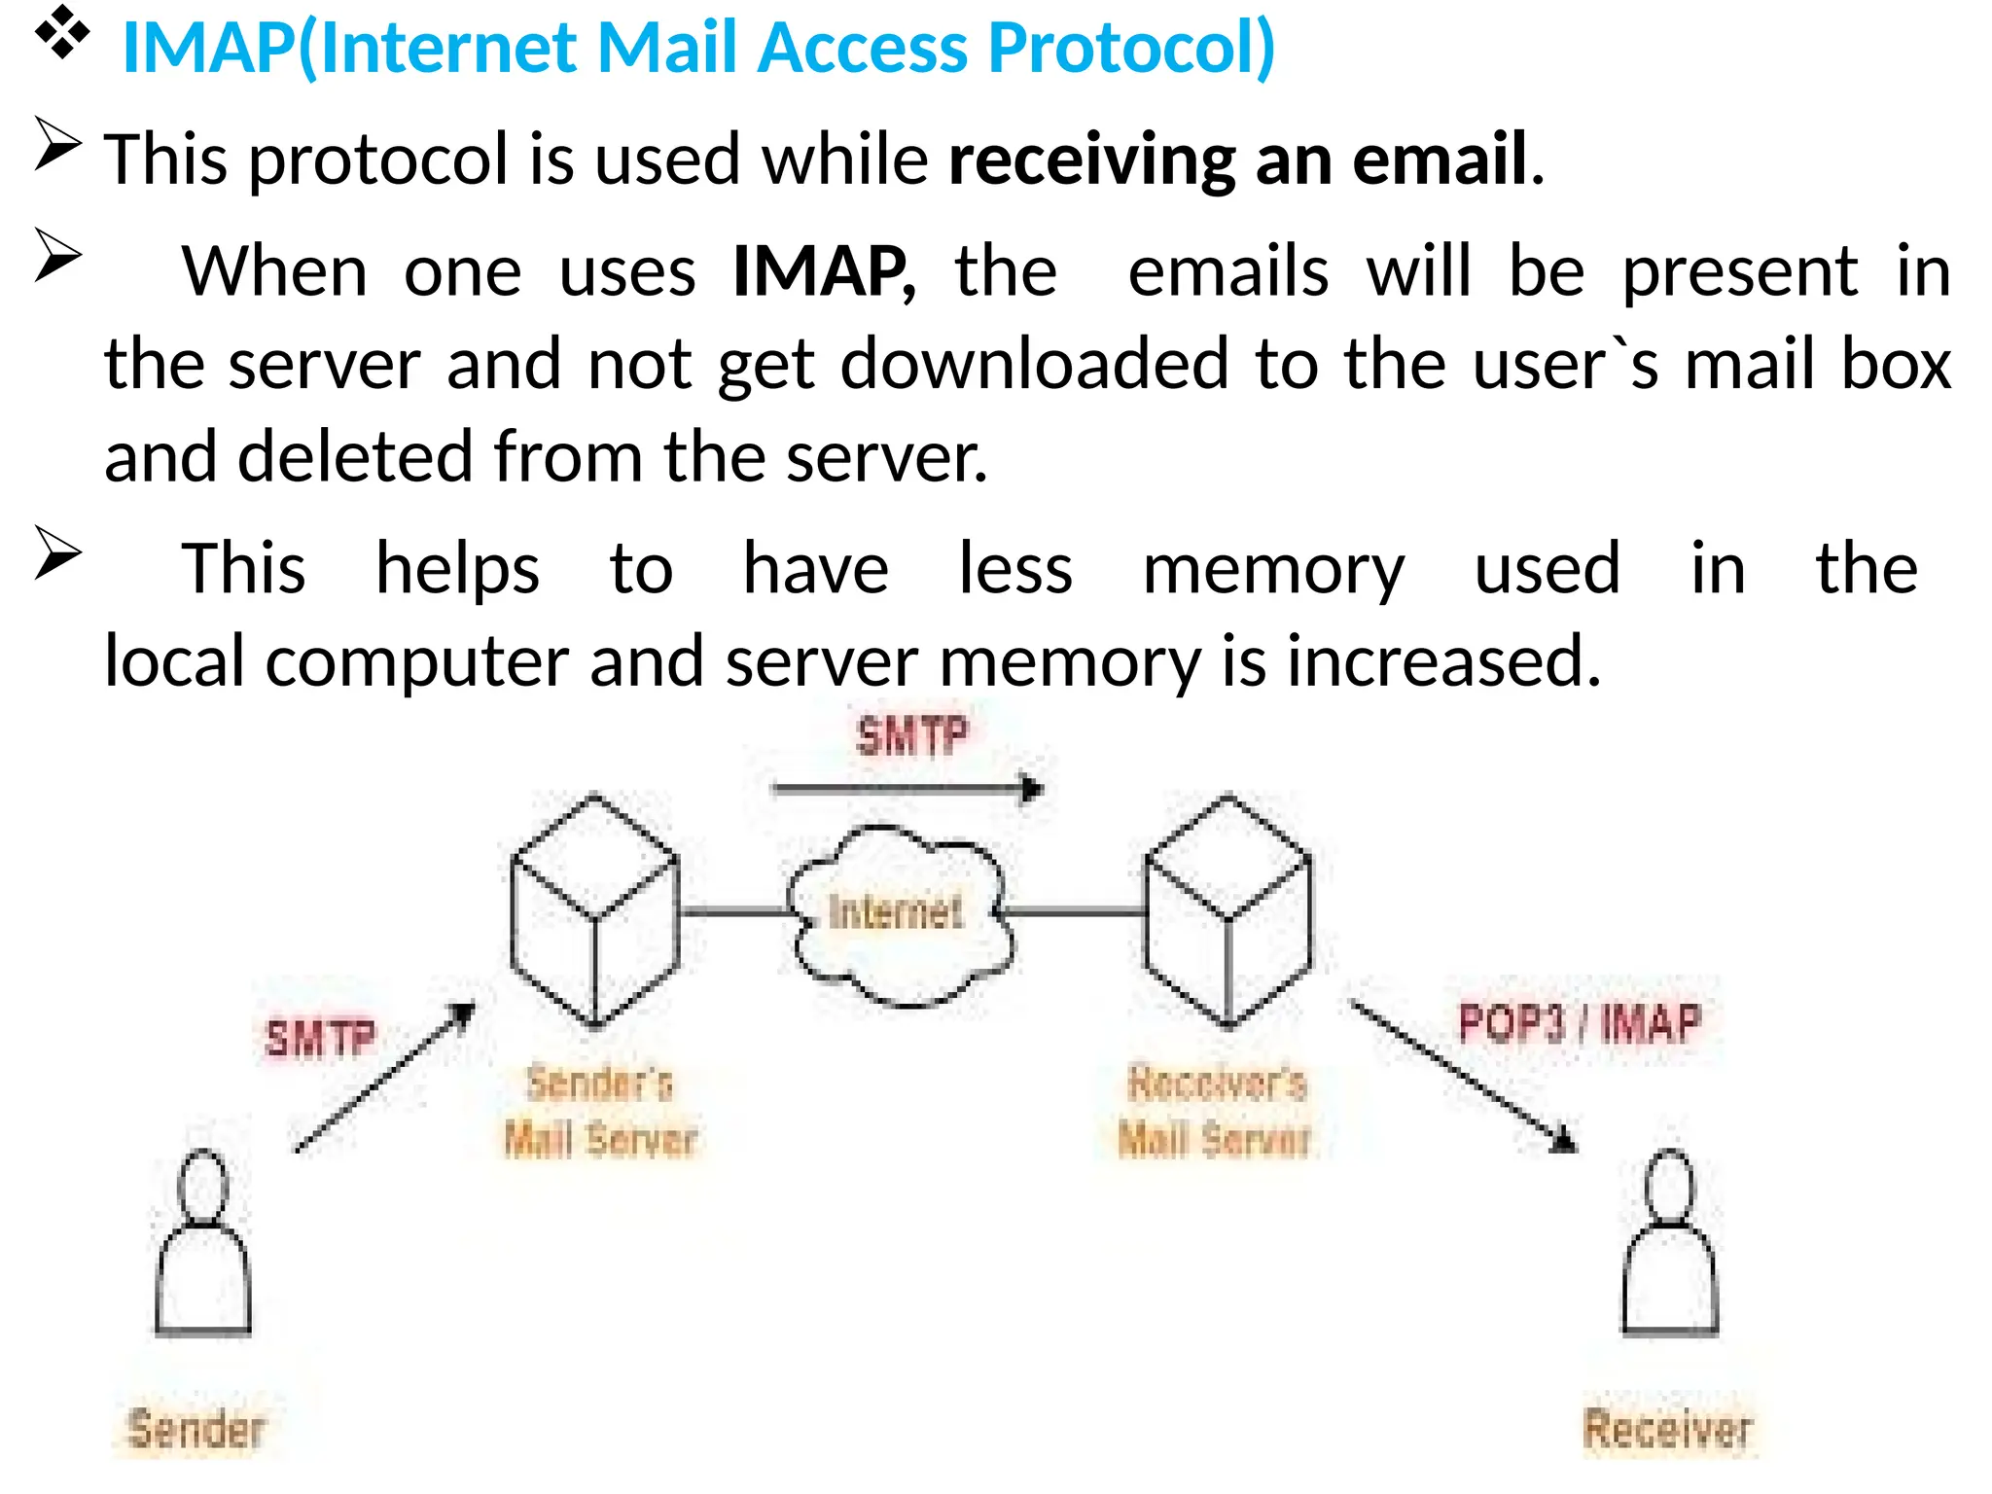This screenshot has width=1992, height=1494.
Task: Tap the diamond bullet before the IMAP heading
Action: tap(61, 32)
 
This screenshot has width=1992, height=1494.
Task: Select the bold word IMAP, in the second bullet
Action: tap(823, 271)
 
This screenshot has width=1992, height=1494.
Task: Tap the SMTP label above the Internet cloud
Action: tap(911, 736)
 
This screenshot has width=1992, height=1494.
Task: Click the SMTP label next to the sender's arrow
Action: tap(320, 1039)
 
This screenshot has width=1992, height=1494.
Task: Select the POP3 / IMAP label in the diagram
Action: tap(1580, 1023)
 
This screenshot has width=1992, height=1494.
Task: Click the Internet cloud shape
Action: tap(899, 914)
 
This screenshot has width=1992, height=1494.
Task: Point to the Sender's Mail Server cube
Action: tap(594, 911)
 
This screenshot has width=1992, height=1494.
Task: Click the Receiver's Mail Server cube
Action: tap(1228, 911)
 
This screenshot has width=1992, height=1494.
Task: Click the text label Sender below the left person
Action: tap(196, 1429)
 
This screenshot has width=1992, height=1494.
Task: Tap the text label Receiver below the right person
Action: tap(1667, 1429)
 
